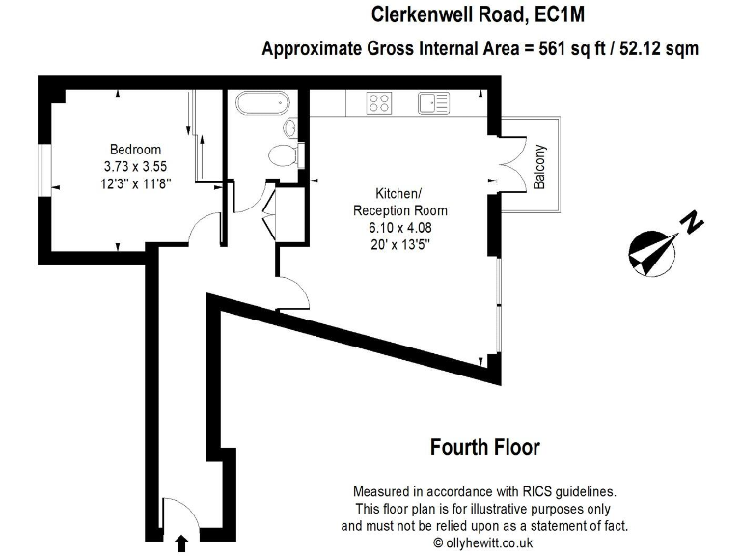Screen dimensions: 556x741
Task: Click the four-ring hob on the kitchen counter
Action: pyautogui.click(x=378, y=101)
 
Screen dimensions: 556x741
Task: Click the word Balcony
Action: pyautogui.click(x=540, y=166)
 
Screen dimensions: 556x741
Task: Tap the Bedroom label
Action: pyautogui.click(x=135, y=149)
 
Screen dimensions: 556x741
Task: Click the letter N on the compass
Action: pyautogui.click(x=691, y=223)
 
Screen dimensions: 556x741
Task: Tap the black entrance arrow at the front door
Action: pyautogui.click(x=180, y=545)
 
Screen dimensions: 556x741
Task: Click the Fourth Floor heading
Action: pyautogui.click(x=484, y=448)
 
